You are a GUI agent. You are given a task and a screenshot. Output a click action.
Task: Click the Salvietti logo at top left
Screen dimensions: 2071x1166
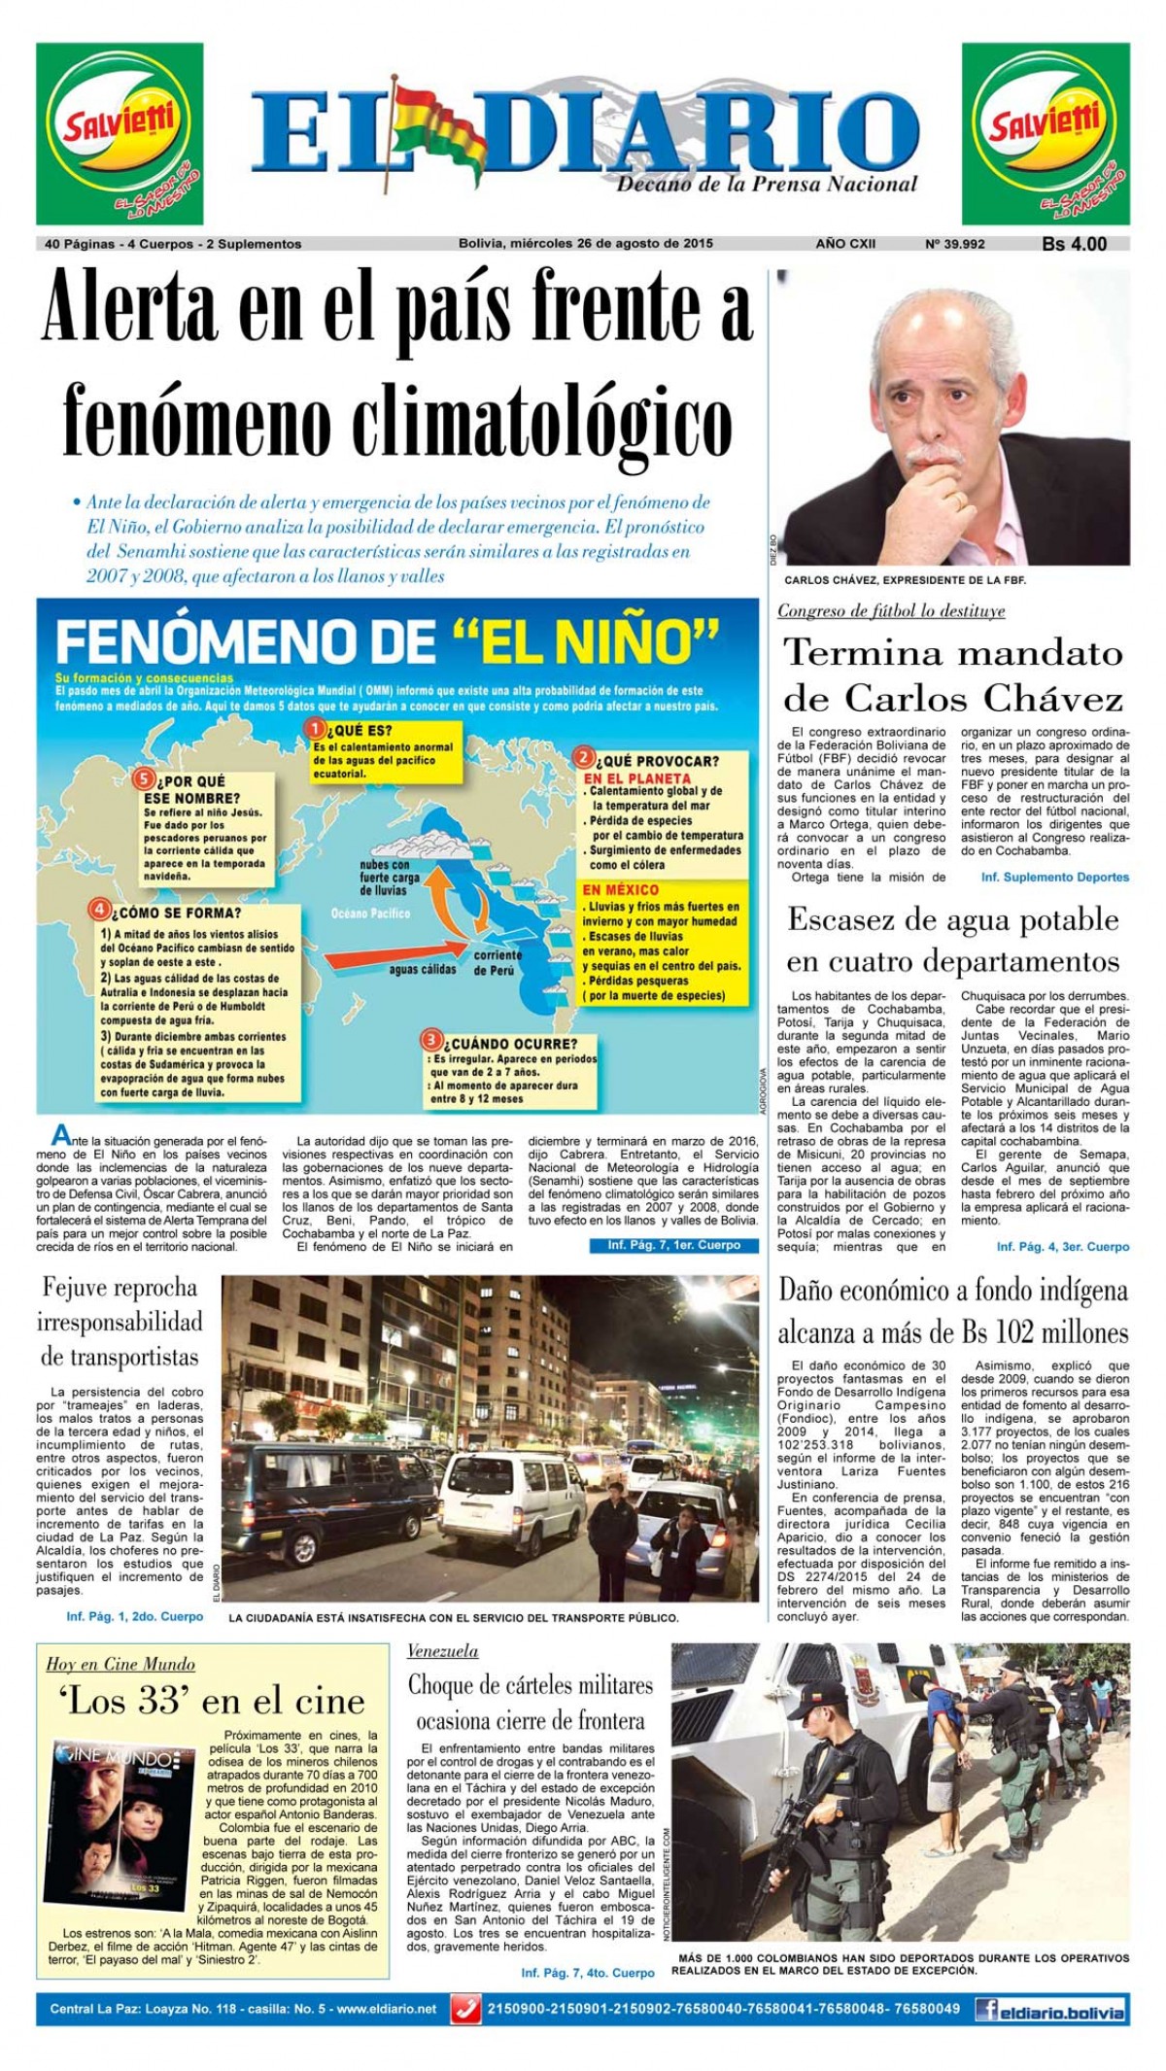pos(120,134)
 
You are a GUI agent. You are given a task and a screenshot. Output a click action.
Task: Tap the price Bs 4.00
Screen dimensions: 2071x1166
pos(1074,244)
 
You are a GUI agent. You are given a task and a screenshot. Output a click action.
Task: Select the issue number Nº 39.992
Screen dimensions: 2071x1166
pos(954,244)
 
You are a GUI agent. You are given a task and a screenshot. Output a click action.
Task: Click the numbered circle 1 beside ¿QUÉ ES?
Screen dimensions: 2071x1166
pos(315,728)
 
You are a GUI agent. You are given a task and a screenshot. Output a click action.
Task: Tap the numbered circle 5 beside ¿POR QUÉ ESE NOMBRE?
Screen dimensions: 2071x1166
pos(144,779)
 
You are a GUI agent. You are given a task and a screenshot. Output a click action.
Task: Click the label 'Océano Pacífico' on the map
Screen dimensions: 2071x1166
pos(370,914)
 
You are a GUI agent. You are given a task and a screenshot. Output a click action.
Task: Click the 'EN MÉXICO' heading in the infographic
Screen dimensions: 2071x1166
pos(620,889)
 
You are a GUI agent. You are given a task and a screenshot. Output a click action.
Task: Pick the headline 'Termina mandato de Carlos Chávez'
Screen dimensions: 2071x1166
pos(952,674)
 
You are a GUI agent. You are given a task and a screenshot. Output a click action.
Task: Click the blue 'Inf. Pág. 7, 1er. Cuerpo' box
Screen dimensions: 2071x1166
pos(673,1245)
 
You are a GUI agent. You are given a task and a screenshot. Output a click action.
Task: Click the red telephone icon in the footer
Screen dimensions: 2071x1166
pos(466,2008)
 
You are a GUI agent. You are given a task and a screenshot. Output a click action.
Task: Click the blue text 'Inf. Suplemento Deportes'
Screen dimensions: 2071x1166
pos(1054,877)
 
